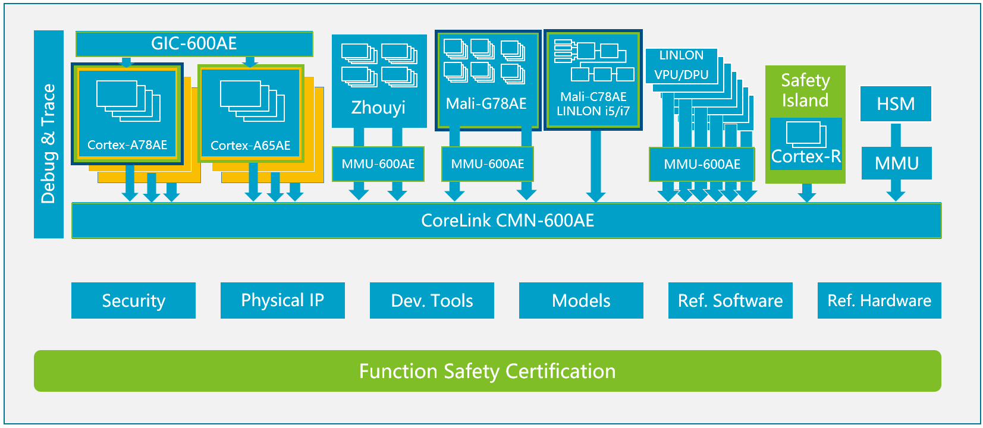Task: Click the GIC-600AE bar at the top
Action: click(x=194, y=43)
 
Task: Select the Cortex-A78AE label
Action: click(x=127, y=145)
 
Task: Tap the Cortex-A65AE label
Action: click(x=250, y=146)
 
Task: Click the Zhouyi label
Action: click(x=378, y=108)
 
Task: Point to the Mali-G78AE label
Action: click(x=486, y=104)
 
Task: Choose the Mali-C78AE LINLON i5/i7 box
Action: click(x=593, y=80)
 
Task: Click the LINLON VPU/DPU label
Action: click(x=681, y=65)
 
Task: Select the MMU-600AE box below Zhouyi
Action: click(x=378, y=164)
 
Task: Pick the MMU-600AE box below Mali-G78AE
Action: click(x=488, y=164)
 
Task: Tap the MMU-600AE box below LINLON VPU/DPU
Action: click(x=702, y=165)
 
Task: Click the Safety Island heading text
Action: click(x=805, y=90)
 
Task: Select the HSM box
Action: click(x=896, y=104)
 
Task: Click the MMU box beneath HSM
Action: click(x=896, y=163)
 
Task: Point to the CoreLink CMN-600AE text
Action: click(x=507, y=221)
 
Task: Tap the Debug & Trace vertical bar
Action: click(x=49, y=134)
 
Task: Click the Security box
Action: click(x=133, y=301)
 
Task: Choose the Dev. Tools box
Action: click(x=432, y=301)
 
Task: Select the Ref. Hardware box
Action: click(x=879, y=301)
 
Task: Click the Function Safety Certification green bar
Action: click(x=487, y=371)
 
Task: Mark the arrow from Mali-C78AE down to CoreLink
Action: click(x=595, y=166)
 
